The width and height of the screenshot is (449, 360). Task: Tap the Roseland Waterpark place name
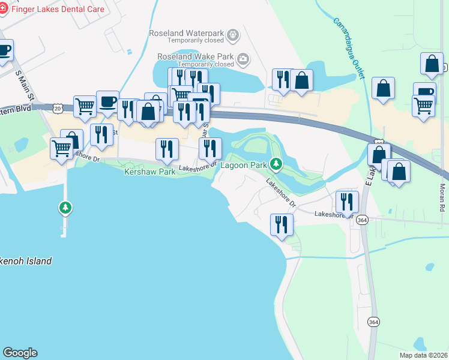[x=190, y=32]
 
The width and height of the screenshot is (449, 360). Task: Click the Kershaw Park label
[x=149, y=172]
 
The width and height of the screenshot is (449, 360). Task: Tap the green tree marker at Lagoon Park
[x=276, y=163]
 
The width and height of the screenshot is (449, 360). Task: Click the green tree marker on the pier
[x=65, y=208]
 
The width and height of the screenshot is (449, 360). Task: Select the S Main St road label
[x=22, y=85]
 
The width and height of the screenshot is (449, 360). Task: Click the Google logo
[x=20, y=353]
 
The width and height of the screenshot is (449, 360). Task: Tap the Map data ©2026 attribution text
[x=423, y=355]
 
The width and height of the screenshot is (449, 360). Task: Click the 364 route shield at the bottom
[x=373, y=322]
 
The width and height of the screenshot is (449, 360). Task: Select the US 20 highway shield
[x=57, y=108]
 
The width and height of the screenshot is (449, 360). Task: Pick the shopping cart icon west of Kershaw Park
[x=62, y=148]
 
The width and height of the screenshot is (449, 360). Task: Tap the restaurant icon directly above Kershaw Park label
[x=167, y=149]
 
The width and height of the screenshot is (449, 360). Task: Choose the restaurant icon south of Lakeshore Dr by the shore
[x=282, y=224]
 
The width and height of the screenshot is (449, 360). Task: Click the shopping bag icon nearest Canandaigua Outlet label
[x=383, y=88]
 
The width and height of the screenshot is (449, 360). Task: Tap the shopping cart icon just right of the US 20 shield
[x=85, y=106]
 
